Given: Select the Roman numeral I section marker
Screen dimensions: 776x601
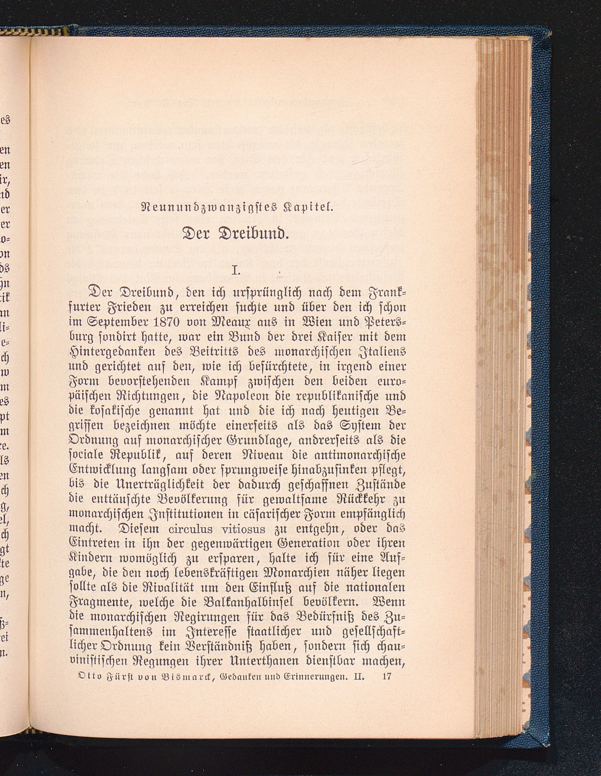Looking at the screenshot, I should click(x=236, y=271).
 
